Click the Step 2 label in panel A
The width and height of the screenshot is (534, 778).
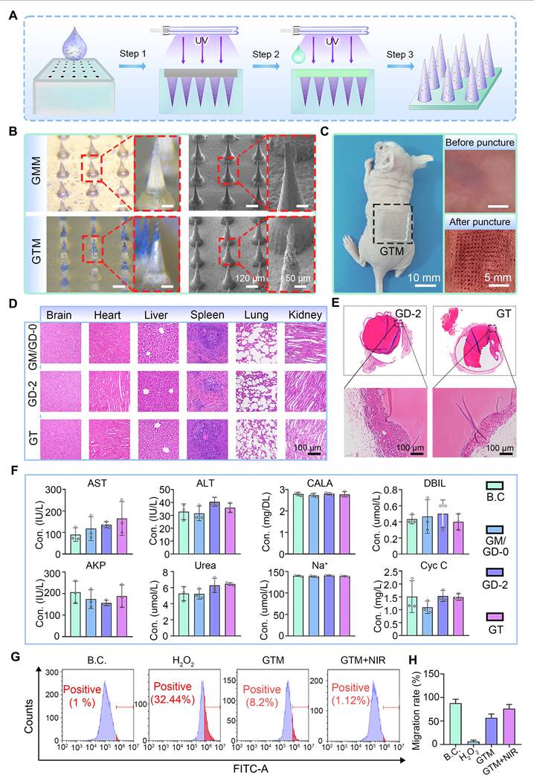[x=268, y=54]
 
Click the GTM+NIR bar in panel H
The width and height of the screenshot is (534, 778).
[x=506, y=727]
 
